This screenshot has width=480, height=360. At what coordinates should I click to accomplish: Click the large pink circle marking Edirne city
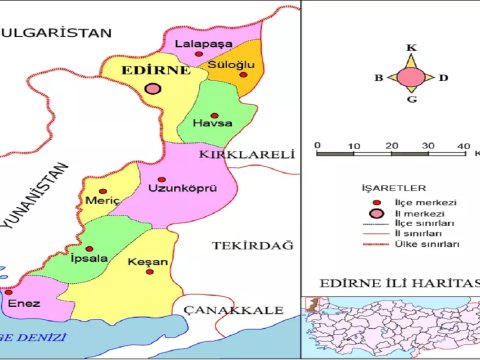(x=154, y=89)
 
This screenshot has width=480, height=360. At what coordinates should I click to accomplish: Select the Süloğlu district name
(x=232, y=65)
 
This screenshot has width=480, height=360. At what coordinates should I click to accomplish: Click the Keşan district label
(x=148, y=263)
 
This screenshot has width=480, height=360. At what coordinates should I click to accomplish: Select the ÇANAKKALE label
(x=233, y=311)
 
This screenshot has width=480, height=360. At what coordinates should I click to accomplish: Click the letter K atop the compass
(x=410, y=47)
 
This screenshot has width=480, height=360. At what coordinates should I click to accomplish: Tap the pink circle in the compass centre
(x=410, y=77)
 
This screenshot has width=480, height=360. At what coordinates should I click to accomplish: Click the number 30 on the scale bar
(x=426, y=147)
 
